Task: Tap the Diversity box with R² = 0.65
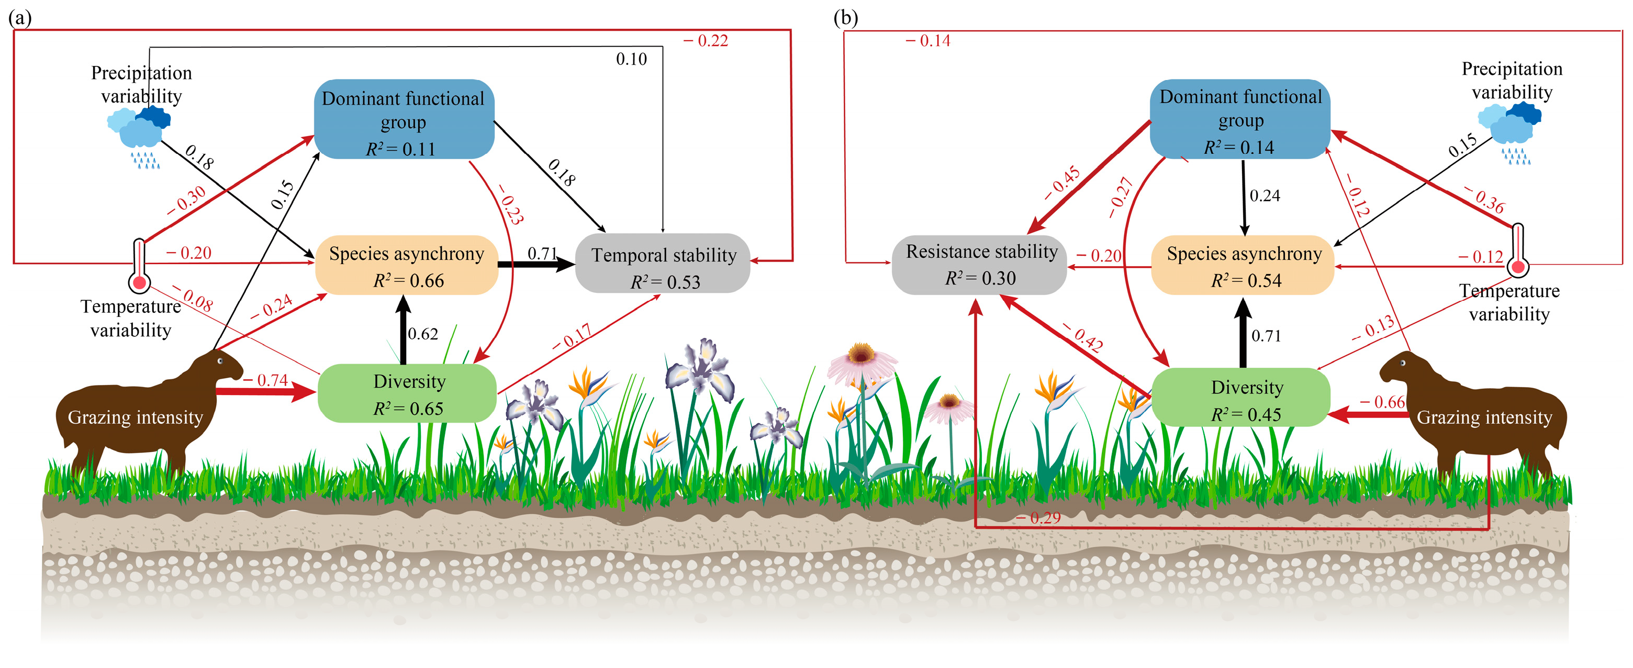[407, 393]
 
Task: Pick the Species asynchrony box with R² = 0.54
[1243, 266]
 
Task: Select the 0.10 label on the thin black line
[631, 60]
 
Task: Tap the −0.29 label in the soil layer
[1039, 518]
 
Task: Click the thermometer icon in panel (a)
[139, 266]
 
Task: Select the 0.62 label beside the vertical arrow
[423, 334]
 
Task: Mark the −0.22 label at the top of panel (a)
[706, 41]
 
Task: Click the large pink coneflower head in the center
[861, 358]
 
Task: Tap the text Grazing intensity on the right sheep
[1484, 417]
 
